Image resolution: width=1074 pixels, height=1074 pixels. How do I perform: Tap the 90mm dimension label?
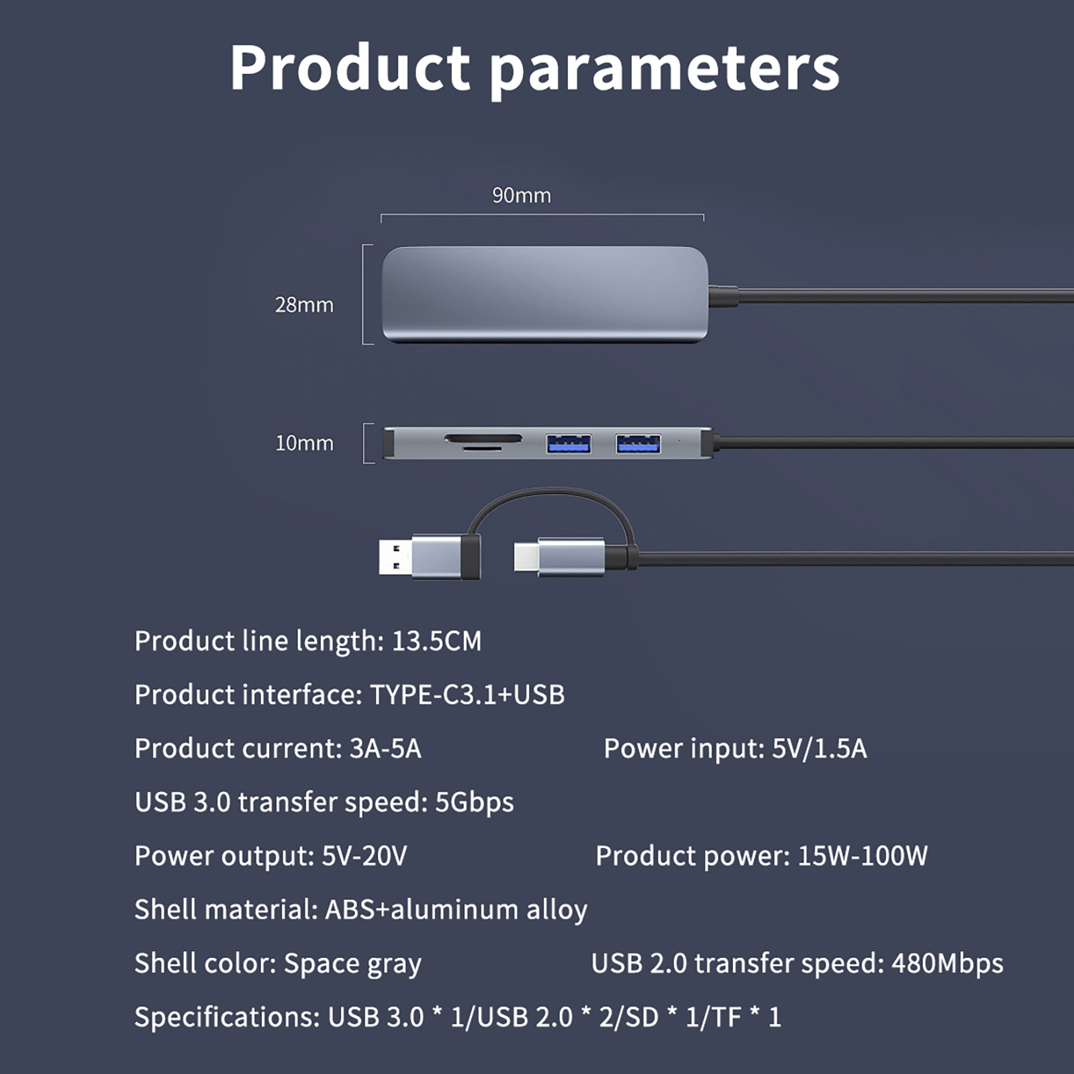(x=522, y=195)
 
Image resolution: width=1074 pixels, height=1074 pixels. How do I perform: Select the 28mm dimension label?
(x=304, y=305)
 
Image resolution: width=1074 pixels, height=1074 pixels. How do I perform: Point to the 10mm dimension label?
(x=304, y=443)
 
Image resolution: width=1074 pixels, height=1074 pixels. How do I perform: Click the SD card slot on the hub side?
(x=483, y=439)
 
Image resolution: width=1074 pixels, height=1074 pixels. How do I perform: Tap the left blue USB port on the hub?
(x=569, y=443)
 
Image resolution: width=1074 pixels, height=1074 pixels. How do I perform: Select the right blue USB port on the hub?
(x=638, y=443)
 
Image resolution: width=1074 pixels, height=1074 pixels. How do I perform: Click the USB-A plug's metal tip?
(x=395, y=557)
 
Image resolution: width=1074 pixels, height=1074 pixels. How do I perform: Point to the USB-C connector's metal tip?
(x=526, y=556)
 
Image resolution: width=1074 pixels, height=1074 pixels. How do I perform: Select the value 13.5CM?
(x=436, y=641)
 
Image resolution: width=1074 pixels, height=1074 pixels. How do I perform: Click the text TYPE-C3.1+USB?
(x=467, y=695)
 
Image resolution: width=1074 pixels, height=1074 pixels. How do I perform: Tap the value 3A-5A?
(x=385, y=748)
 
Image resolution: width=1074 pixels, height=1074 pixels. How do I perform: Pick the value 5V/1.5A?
(x=819, y=748)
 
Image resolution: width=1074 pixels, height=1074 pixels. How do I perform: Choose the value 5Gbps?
(x=475, y=803)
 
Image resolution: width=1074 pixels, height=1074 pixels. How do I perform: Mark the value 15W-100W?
(x=863, y=856)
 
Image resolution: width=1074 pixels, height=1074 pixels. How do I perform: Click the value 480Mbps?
(x=947, y=964)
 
